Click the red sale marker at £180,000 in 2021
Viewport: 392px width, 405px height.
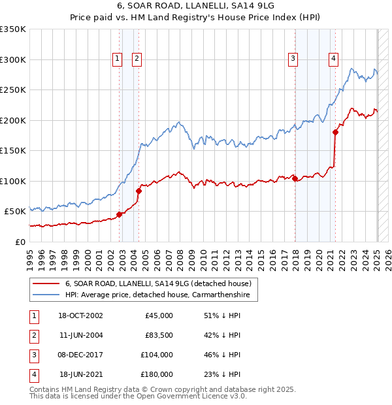tap(335, 132)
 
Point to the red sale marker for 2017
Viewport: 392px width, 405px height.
tap(295, 178)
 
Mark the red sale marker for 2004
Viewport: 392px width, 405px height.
tap(139, 191)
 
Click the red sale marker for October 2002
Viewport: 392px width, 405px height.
tap(120, 214)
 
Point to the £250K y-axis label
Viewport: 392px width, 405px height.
tap(13, 89)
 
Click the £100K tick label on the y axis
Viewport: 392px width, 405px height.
tap(13, 181)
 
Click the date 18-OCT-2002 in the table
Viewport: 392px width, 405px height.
tap(80, 316)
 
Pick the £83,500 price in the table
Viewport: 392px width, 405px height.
tap(159, 335)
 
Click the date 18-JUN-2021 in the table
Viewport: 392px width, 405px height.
tap(80, 374)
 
